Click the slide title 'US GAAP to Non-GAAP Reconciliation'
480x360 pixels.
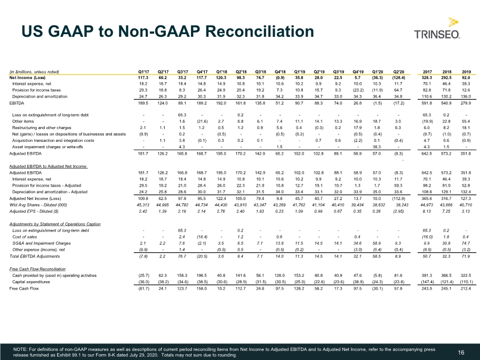[168, 31]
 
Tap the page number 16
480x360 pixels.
[461, 353]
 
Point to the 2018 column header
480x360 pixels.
[446, 72]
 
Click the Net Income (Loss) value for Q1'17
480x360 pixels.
[143, 78]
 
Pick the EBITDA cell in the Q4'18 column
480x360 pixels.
[279, 103]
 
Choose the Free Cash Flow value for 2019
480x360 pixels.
[466, 289]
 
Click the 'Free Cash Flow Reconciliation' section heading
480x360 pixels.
[37, 269]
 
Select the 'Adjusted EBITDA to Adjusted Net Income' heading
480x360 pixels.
[48, 166]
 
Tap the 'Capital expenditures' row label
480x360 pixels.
[31, 282]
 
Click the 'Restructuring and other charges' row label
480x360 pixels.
[42, 127]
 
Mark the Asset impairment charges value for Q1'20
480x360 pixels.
[377, 147]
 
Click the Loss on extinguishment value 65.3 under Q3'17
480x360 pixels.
[182, 115]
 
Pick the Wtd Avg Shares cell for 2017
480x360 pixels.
[427, 205]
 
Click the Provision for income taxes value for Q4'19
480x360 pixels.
[357, 90]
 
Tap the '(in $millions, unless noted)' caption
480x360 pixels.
[34, 72]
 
